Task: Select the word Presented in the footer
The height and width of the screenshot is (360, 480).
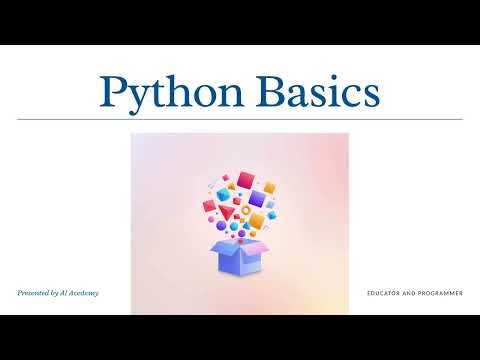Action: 37,293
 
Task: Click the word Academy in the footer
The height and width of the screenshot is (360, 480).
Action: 84,293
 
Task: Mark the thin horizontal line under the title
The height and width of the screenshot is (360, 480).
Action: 240,119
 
